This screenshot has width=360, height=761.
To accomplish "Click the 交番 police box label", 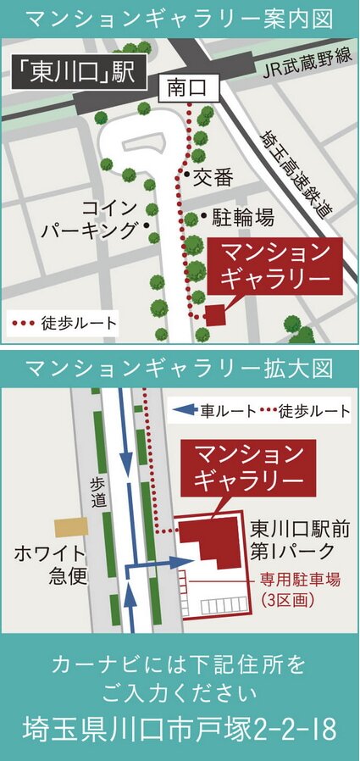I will coord(213,177).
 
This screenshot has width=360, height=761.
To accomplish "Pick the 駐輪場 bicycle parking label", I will coord(241,219).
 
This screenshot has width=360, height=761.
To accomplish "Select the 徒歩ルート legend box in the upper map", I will coord(64,323).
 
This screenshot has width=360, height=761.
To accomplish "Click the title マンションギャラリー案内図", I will coord(180,19).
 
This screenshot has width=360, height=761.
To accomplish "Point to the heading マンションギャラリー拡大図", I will coord(180,369).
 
